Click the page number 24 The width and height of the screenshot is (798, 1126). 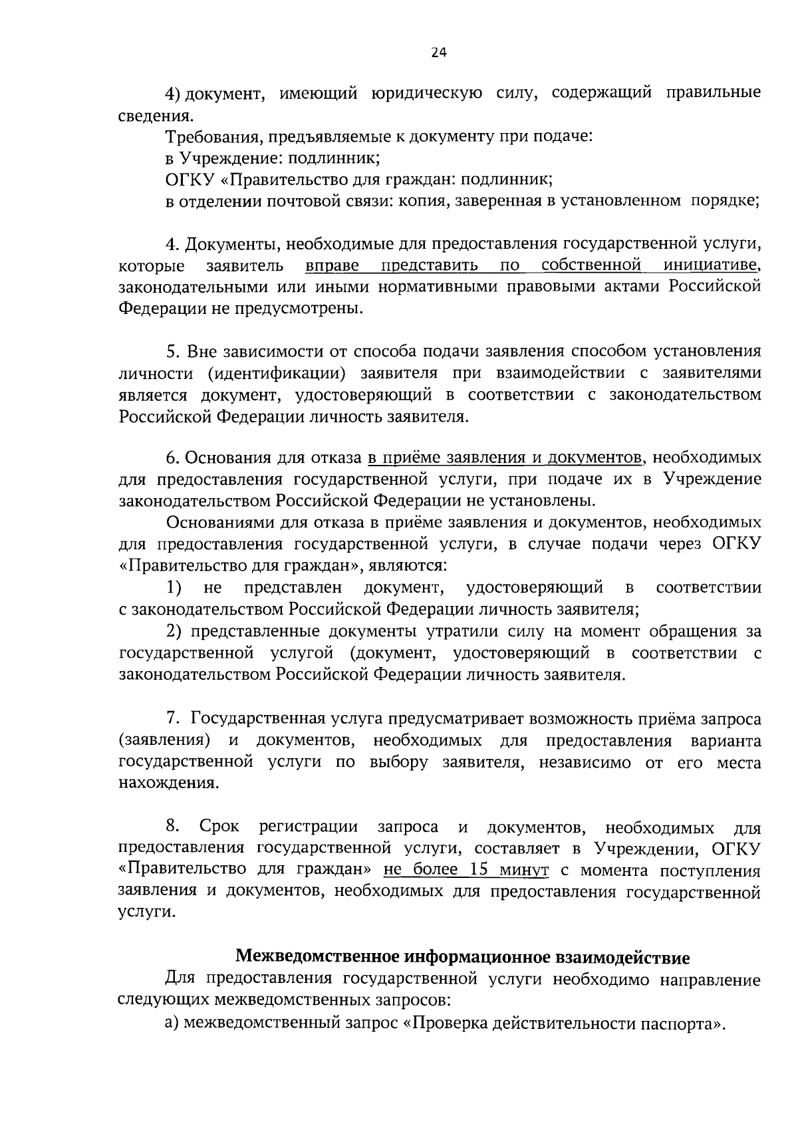[439, 55]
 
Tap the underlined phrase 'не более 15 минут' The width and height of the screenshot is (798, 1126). [466, 870]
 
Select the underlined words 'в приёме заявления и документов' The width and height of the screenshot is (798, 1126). [505, 458]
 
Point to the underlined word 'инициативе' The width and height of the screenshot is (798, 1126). [712, 266]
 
